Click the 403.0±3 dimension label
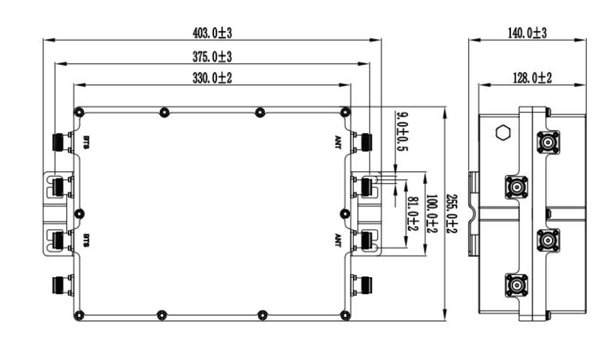tap(212, 34)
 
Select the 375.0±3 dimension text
tap(212, 57)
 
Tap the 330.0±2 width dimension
tap(212, 78)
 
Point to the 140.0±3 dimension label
tap(527, 34)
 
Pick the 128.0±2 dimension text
tap(532, 78)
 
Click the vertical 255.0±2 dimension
tap(452, 213)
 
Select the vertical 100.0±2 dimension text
tap(432, 213)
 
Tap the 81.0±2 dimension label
tap(413, 213)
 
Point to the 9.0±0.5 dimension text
tap(402, 132)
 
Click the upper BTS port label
tap(86, 142)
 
